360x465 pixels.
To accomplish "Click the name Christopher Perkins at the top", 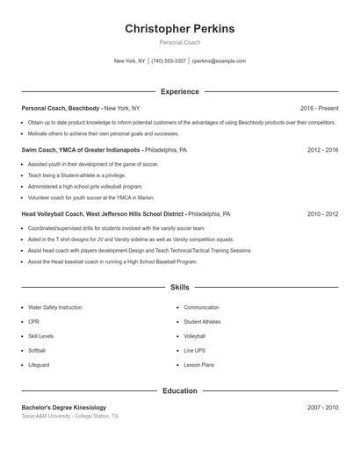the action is [x=180, y=29].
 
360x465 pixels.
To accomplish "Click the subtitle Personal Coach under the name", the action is [x=180, y=43].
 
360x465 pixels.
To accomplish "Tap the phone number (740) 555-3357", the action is [x=169, y=61].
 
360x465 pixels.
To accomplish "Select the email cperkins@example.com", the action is [x=219, y=61].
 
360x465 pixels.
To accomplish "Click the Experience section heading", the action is [x=180, y=91].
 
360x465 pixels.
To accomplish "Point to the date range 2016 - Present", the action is [x=319, y=108].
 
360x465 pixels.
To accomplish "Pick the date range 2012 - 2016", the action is [x=322, y=150].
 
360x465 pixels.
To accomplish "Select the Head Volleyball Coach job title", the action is [x=103, y=213].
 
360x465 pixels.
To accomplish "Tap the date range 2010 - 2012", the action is [x=322, y=213].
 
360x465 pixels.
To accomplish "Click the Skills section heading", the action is [x=180, y=287].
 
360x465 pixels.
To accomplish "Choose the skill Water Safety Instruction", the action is [x=55, y=308].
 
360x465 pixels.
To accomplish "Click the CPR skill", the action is [x=34, y=322].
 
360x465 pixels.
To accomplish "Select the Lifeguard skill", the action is [x=39, y=365].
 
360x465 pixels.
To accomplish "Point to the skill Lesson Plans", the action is [x=198, y=365].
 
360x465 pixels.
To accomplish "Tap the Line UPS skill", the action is [x=194, y=351].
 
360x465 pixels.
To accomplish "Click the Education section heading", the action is [x=180, y=390].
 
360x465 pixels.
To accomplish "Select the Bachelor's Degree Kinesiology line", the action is [x=64, y=407].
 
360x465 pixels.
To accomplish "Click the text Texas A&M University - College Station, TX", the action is [x=69, y=416].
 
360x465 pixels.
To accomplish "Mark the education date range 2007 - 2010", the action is [x=322, y=407].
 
